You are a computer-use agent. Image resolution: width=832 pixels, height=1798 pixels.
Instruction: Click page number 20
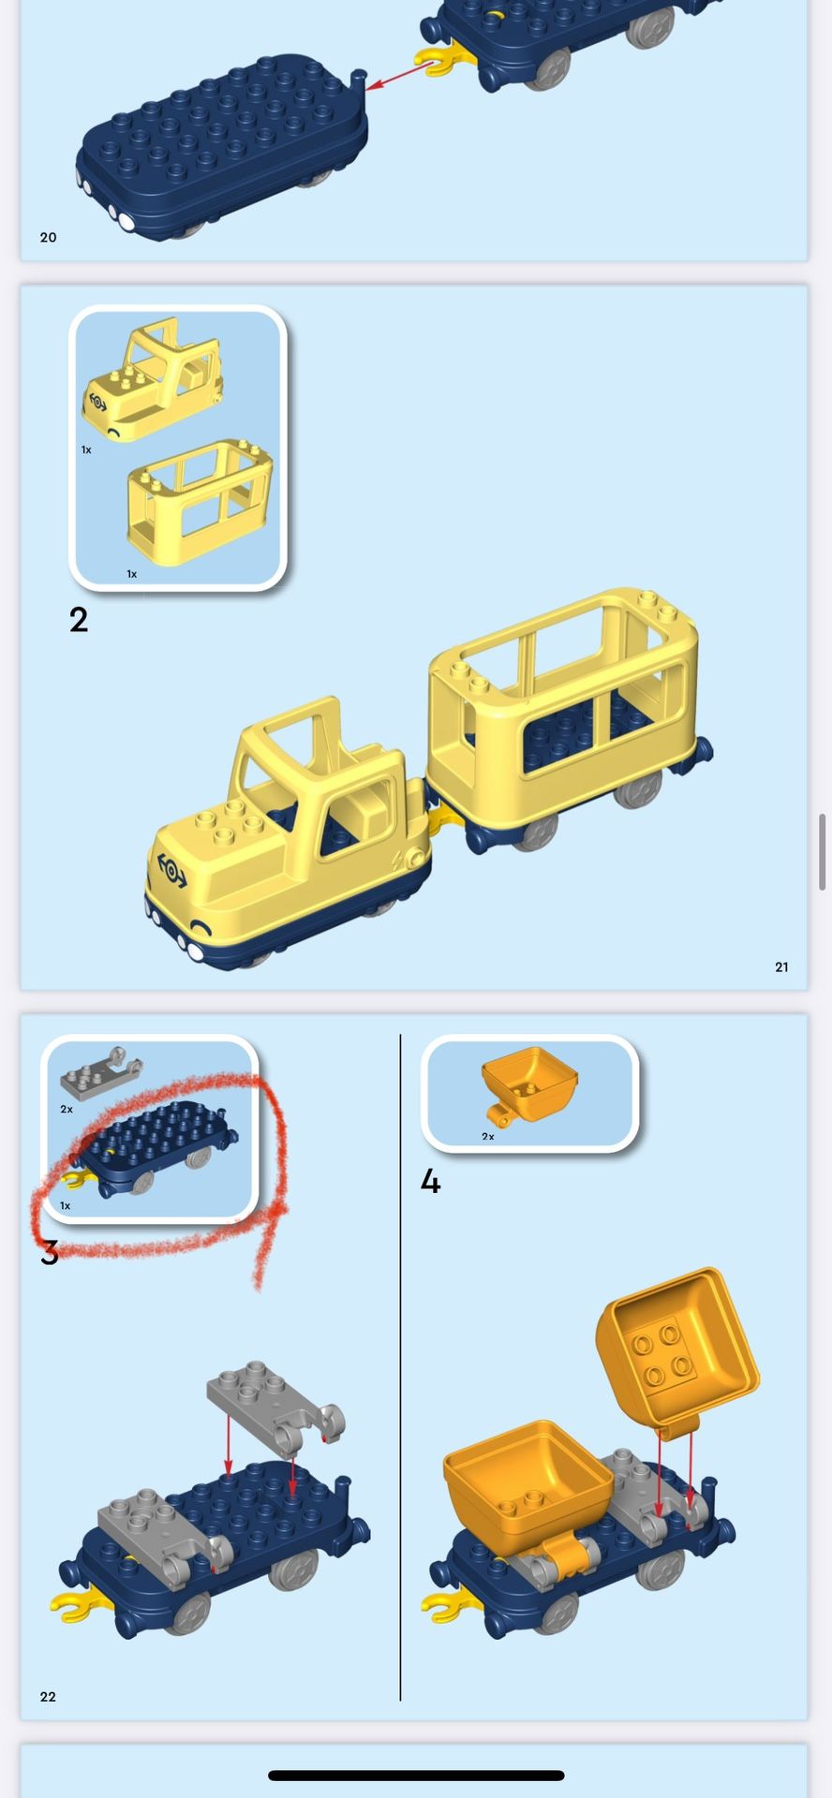[49, 238]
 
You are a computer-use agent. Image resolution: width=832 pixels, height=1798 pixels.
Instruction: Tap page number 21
[781, 967]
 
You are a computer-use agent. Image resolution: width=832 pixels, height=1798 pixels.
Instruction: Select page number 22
[48, 1697]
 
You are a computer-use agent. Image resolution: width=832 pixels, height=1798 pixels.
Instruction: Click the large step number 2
[79, 620]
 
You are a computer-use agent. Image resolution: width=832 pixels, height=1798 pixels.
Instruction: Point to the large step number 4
[430, 1182]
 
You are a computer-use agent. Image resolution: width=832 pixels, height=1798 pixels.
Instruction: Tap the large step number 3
[50, 1252]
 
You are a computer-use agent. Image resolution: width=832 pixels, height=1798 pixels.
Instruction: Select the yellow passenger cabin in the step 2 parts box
[200, 503]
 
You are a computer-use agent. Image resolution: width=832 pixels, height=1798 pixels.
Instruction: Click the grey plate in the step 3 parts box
[101, 1073]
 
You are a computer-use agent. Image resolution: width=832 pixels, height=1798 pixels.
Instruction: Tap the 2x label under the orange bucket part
[488, 1137]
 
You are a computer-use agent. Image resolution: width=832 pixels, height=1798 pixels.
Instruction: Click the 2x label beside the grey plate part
[67, 1109]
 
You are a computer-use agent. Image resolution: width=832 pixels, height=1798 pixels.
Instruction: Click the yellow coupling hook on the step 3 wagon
[79, 1606]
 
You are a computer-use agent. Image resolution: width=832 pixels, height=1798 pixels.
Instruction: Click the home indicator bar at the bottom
[416, 1776]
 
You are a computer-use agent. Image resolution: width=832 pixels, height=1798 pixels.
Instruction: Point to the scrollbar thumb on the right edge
[823, 852]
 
